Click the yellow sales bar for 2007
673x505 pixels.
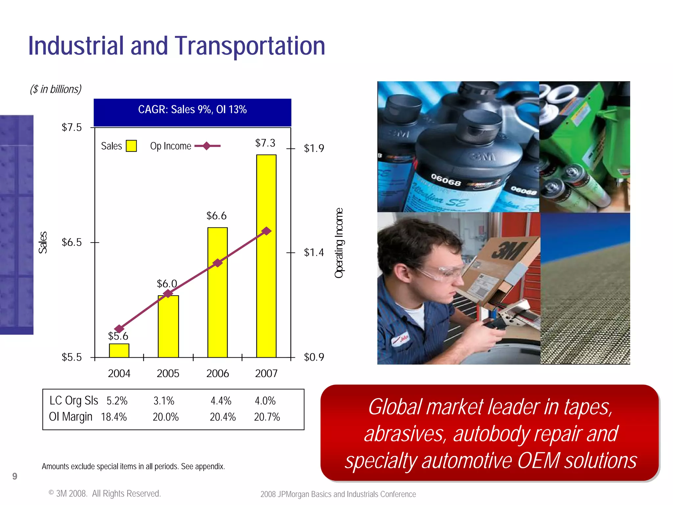pyautogui.click(x=266, y=256)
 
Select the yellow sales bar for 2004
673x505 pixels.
pyautogui.click(x=119, y=350)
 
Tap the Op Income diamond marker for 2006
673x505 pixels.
pyautogui.click(x=218, y=263)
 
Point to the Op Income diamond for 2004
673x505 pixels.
pyautogui.click(x=119, y=329)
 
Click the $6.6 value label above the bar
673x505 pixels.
pyautogui.click(x=216, y=216)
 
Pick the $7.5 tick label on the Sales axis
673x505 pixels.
pyautogui.click(x=72, y=128)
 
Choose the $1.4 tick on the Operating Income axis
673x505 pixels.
pyautogui.click(x=313, y=252)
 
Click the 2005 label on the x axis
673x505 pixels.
pyautogui.click(x=168, y=373)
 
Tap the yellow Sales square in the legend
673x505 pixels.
pyautogui.click(x=131, y=146)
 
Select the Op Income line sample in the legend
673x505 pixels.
pyautogui.click(x=207, y=146)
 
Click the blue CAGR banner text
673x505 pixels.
pyautogui.click(x=192, y=109)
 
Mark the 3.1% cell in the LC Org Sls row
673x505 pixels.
pyautogui.click(x=164, y=401)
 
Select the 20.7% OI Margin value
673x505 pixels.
pyautogui.click(x=267, y=417)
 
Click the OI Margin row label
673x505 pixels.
pyautogui.click(x=70, y=417)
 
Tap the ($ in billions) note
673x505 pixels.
pyautogui.click(x=56, y=89)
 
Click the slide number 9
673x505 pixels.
pyautogui.click(x=15, y=476)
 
